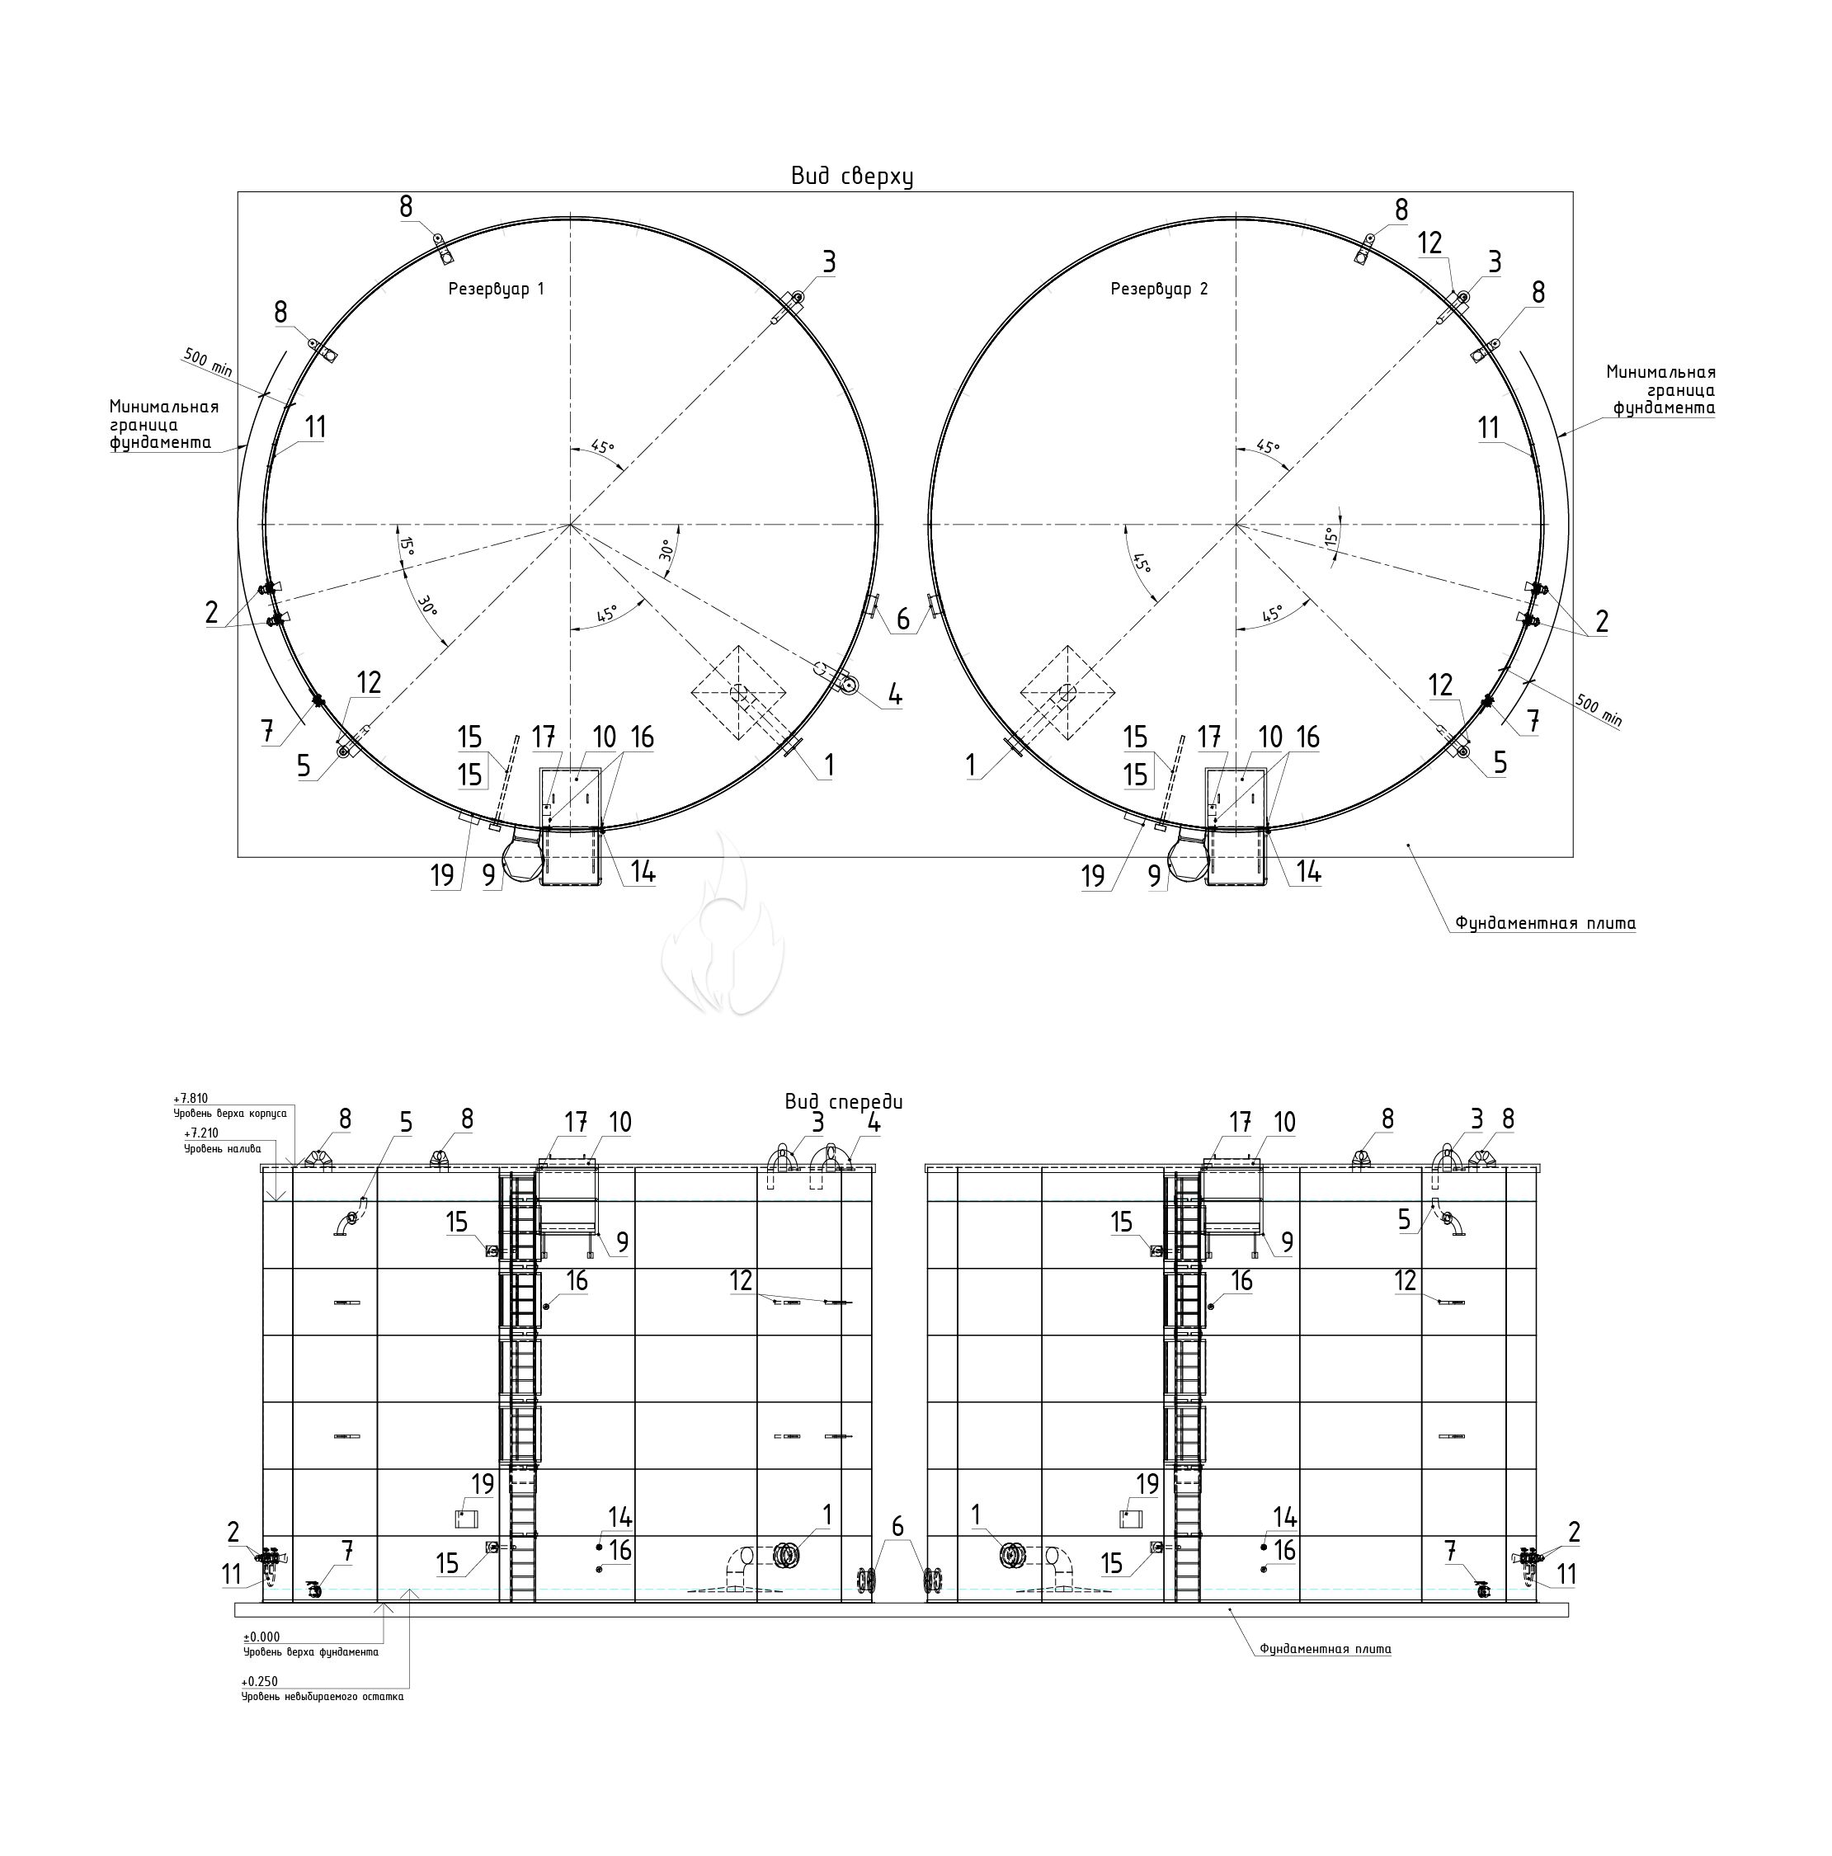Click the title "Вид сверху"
coord(850,176)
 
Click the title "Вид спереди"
coord(842,1102)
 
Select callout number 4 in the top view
coord(893,695)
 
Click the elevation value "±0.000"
coord(261,1637)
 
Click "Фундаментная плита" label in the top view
coord(1545,923)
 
